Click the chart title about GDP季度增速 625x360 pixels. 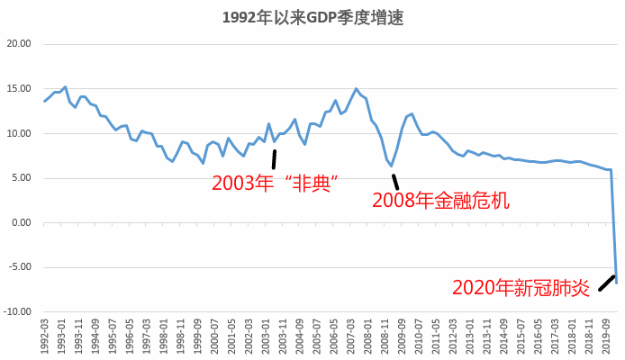312,17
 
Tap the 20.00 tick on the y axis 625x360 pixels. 19,44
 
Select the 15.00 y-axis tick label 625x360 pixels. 19,89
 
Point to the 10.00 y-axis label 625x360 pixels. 19,133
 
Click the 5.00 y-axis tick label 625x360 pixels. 22,178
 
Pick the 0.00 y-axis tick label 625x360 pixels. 22,222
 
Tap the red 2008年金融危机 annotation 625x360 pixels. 441,201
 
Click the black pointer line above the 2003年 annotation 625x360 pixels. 274,159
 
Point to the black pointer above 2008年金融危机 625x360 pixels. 394,182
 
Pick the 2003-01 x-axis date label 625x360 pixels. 266,335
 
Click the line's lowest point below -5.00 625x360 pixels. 618,283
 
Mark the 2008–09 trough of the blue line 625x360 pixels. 392,166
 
